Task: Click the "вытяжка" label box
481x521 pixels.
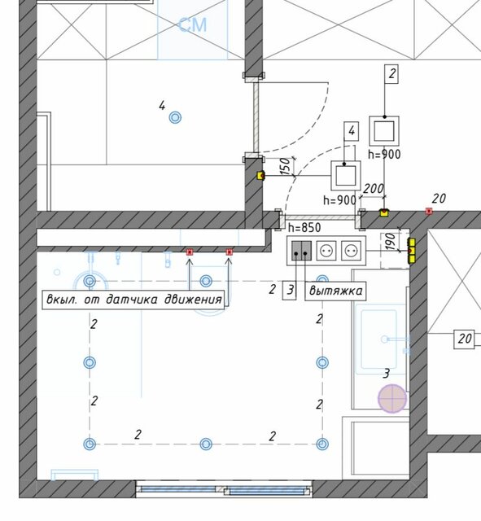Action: (335, 291)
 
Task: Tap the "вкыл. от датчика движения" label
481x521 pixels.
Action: (133, 300)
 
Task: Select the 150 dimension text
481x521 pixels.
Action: (286, 166)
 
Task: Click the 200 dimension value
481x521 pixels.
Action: (374, 189)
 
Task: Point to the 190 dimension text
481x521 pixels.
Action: (391, 242)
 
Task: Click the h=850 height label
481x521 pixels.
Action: (304, 228)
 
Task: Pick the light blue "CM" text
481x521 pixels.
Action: (193, 25)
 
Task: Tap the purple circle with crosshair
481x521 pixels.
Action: (392, 398)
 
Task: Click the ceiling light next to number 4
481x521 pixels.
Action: (176, 117)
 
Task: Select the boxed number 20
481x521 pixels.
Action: (464, 339)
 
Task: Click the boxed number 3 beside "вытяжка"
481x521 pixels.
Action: (289, 291)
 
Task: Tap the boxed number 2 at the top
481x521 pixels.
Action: (391, 74)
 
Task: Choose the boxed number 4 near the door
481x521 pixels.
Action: (352, 132)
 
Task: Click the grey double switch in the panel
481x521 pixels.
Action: (302, 250)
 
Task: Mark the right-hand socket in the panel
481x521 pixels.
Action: (351, 251)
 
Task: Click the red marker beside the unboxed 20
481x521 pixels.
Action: (429, 211)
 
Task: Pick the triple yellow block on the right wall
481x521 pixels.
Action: (412, 251)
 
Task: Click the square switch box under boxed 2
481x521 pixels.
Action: (384, 131)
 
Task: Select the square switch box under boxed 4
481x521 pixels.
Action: (346, 176)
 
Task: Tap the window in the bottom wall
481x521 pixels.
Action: (224, 489)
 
